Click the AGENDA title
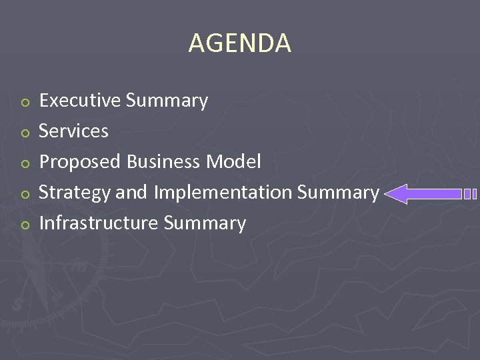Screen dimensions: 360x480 [240, 43]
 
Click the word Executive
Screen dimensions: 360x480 [80, 101]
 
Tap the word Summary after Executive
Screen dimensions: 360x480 [167, 101]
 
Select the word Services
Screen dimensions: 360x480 [73, 131]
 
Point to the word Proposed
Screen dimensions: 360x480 [80, 162]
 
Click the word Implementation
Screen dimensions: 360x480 [223, 193]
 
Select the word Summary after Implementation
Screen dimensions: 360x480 [338, 193]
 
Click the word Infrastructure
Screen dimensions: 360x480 [99, 223]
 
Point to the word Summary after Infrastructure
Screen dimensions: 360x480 [205, 223]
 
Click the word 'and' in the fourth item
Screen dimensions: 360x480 [131, 193]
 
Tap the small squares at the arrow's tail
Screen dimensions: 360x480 [470, 194]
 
